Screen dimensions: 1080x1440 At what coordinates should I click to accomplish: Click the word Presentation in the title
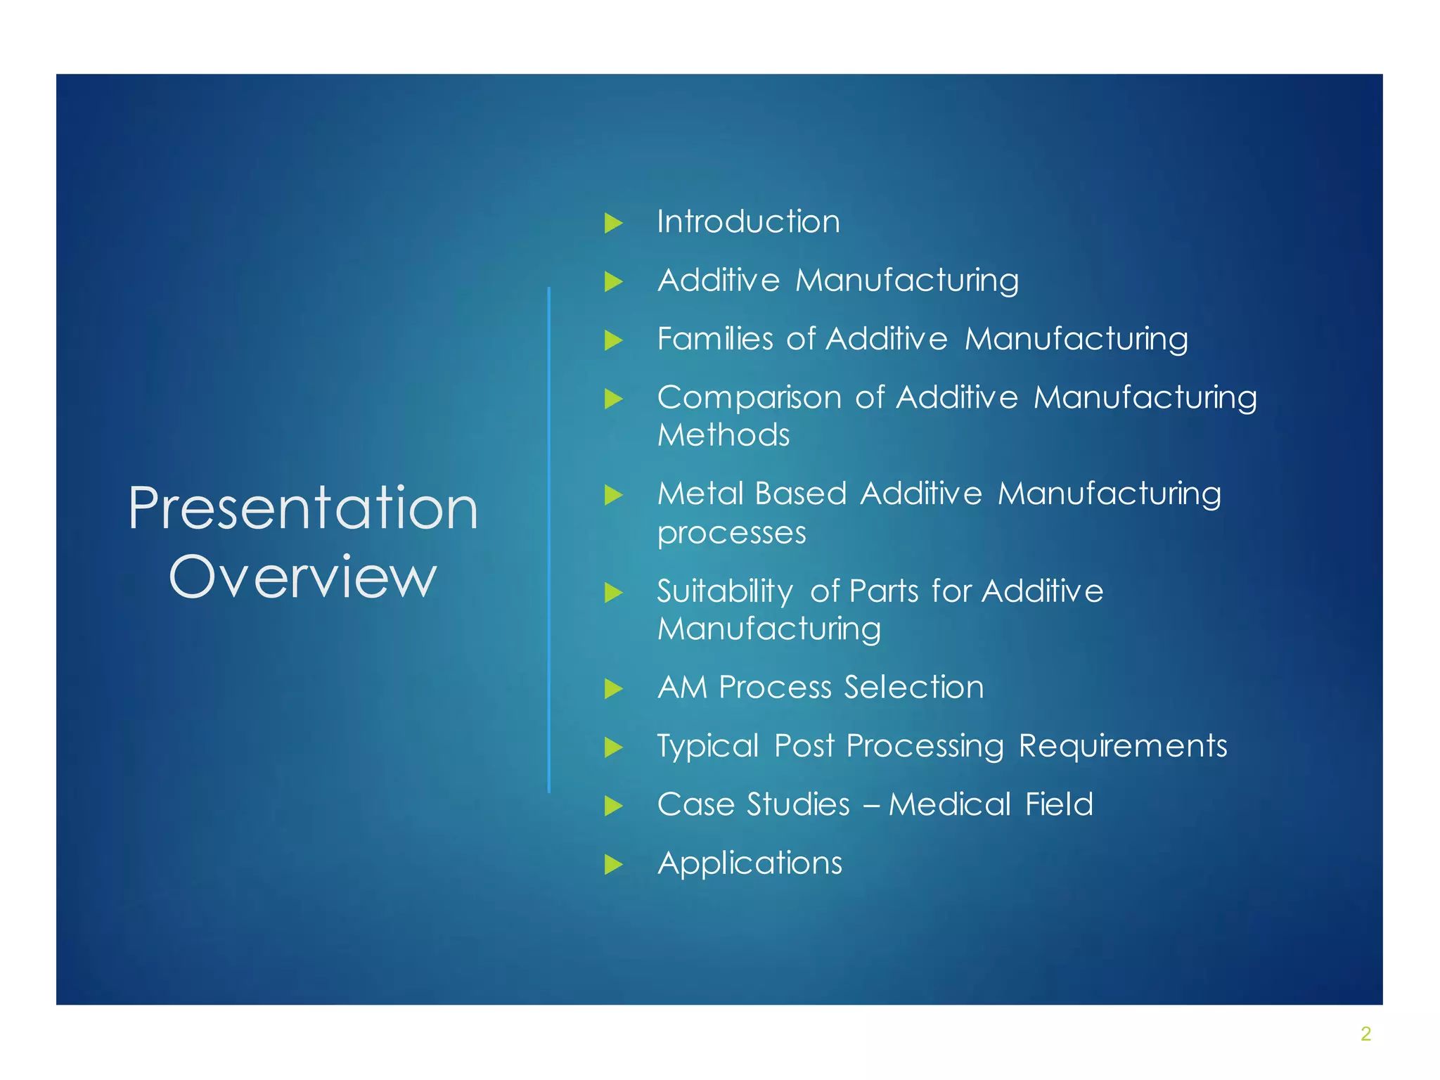pos(303,508)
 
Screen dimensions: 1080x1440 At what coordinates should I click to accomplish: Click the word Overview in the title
pos(303,577)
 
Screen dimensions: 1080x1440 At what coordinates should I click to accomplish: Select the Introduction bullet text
pos(748,222)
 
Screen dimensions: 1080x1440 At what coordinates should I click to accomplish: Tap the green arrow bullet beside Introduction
pos(614,224)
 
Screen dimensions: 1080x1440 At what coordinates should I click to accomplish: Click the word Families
pos(714,339)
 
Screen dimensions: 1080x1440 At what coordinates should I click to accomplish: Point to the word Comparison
pos(749,398)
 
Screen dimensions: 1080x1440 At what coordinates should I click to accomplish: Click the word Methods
pos(724,435)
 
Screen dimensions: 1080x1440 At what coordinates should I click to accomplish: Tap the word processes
pos(731,533)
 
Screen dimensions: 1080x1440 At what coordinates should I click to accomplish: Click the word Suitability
pos(725,591)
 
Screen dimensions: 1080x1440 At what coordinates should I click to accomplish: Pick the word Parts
pos(884,591)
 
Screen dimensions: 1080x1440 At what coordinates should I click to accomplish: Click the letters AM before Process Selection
pos(682,688)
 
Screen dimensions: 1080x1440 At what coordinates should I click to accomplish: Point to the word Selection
pos(914,688)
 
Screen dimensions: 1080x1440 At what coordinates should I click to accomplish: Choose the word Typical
pos(707,747)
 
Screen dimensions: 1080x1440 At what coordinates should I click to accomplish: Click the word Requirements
pos(1123,746)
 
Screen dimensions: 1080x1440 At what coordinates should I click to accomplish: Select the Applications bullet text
pos(750,863)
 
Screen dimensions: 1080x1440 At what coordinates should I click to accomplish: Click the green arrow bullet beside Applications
pos(614,864)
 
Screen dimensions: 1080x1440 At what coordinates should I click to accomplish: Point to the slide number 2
pos(1365,1034)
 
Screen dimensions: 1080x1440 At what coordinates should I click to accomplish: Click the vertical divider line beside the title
pos(548,540)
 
